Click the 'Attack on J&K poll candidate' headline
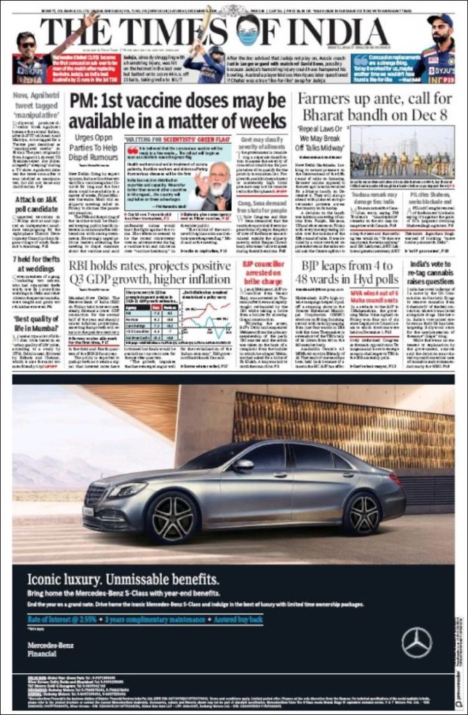[33, 209]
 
